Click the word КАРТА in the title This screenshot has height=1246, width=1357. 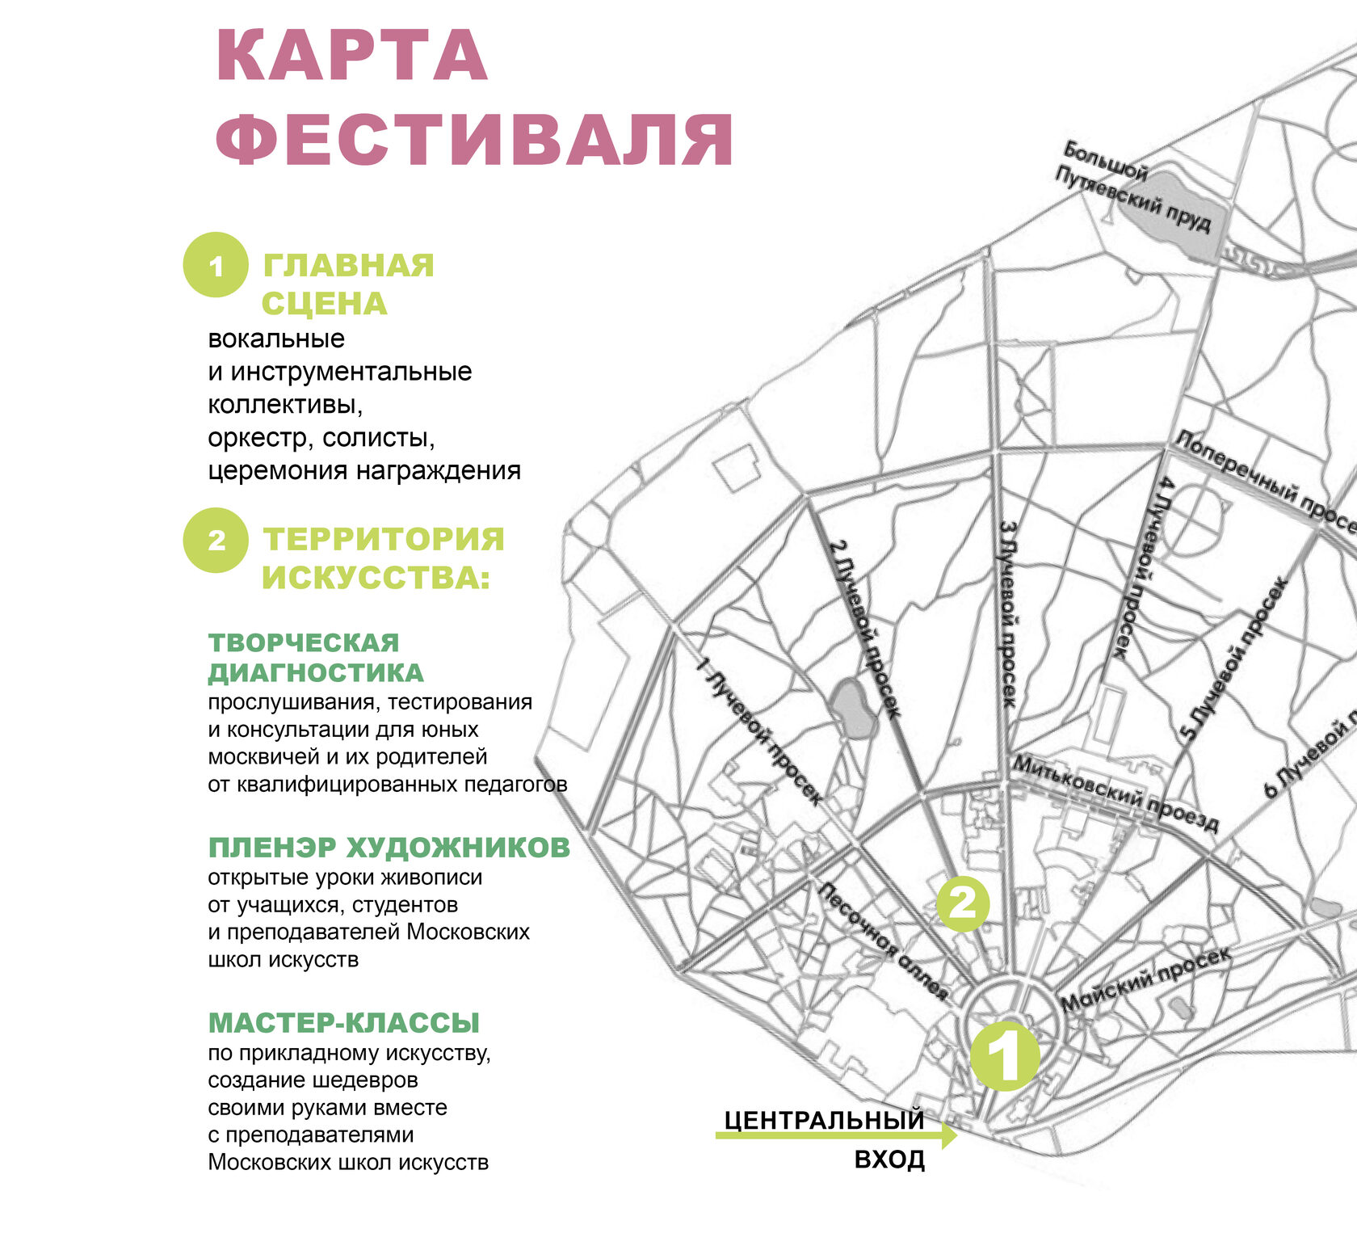[x=351, y=57]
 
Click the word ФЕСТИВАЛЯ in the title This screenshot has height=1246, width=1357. [x=475, y=140]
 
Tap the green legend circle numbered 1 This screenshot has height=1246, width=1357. [x=215, y=265]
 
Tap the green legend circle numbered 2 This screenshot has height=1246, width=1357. [x=215, y=540]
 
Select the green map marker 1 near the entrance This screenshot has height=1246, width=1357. [x=1004, y=1056]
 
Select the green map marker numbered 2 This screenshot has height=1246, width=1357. [x=963, y=903]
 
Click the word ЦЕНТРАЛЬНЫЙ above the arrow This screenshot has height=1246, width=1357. [x=824, y=1120]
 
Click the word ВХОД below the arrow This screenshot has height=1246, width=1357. [x=889, y=1160]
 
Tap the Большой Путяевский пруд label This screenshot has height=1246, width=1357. [x=1135, y=187]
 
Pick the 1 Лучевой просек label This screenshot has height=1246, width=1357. [x=759, y=731]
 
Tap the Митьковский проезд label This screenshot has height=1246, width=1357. [x=1115, y=793]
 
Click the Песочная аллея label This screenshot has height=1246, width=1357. [x=883, y=941]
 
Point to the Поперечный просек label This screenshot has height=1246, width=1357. [x=1265, y=482]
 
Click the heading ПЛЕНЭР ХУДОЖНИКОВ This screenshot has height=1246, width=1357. [x=389, y=848]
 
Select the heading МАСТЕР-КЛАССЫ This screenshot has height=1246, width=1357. [x=344, y=1023]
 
